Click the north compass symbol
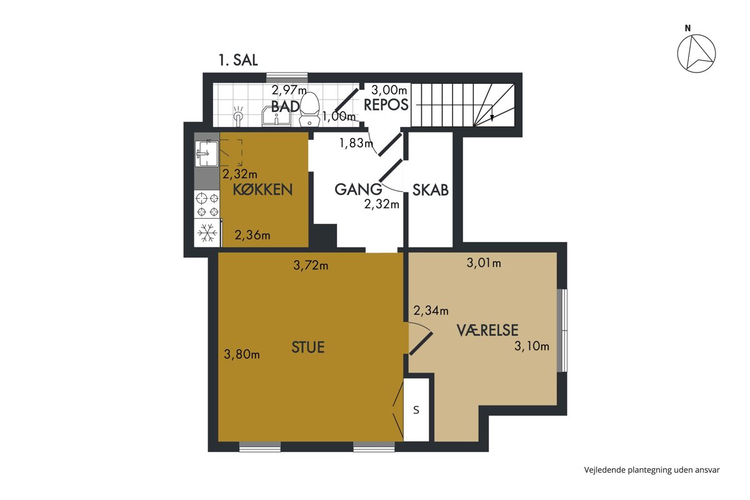click(696, 54)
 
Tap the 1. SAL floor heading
click(238, 60)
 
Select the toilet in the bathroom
click(309, 109)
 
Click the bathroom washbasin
click(276, 116)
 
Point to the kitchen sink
click(207, 153)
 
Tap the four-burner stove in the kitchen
click(207, 204)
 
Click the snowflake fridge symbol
click(207, 232)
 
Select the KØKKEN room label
click(262, 189)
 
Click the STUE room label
click(308, 347)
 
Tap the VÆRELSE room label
click(487, 330)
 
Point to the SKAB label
click(430, 190)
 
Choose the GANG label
click(358, 189)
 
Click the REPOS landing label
click(386, 105)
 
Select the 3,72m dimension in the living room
click(311, 265)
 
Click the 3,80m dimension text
click(242, 354)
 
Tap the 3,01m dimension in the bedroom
click(484, 263)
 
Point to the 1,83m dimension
click(356, 143)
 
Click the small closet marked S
click(416, 410)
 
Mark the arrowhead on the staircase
click(492, 117)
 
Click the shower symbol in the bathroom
click(238, 116)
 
